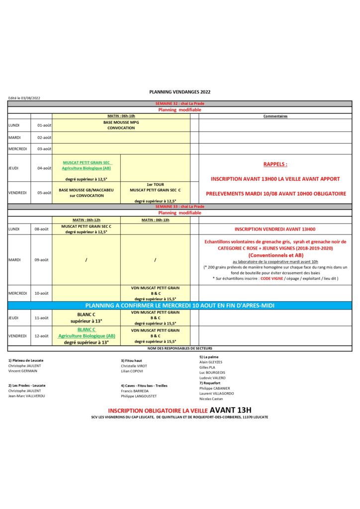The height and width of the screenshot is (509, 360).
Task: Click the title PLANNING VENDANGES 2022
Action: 180,92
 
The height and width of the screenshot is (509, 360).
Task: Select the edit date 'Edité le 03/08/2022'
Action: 24,98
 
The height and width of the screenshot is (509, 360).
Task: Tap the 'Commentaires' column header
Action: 275,116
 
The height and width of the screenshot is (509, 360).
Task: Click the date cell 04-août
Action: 44,168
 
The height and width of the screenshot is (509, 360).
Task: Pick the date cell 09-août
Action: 44,259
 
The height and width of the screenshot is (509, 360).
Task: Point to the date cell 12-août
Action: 44,336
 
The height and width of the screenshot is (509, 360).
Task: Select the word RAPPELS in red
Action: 275,164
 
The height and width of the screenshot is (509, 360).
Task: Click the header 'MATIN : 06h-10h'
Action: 121,116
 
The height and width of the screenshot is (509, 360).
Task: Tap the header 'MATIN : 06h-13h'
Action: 155,220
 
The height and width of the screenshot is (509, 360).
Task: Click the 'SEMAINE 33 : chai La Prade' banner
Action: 180,206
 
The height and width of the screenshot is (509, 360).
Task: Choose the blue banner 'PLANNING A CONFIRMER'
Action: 180,305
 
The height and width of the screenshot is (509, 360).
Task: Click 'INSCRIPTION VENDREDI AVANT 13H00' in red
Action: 275,229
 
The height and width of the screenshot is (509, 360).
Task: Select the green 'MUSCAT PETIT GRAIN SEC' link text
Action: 88,163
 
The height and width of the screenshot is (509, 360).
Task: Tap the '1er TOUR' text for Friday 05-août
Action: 155,184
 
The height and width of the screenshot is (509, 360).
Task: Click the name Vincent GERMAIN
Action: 22,371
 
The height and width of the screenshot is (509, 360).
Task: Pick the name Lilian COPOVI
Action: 132,371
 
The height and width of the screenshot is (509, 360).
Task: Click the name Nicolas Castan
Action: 211,399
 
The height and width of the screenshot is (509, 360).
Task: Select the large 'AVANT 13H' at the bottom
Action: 231,410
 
